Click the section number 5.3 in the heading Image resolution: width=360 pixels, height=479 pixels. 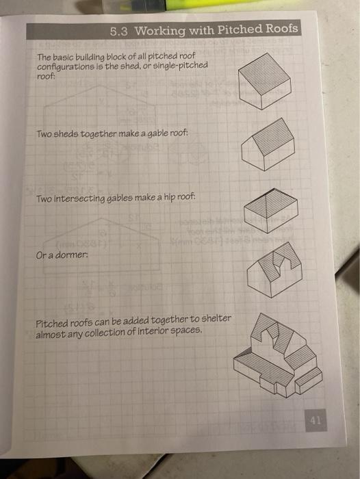(120, 31)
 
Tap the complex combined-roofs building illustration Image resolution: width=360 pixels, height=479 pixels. (277, 356)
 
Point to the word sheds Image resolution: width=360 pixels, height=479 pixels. (68, 135)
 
